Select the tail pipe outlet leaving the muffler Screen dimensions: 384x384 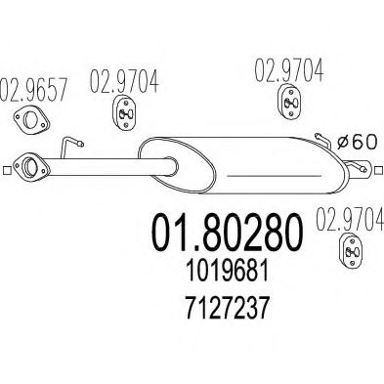363,175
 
